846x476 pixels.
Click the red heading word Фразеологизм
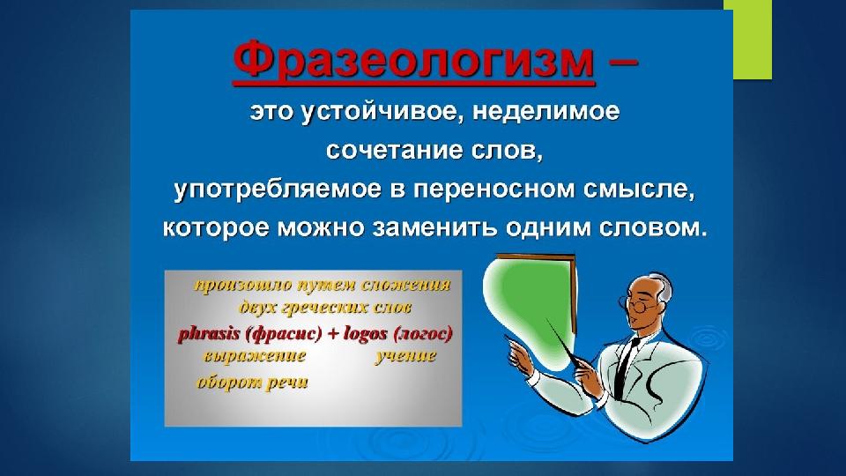414,61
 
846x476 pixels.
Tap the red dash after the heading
623,62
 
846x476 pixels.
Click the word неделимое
546,112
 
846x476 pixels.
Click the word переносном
499,190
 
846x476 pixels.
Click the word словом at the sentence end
653,228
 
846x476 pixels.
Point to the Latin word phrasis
209,334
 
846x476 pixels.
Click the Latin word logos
365,334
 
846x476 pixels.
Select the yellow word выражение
255,357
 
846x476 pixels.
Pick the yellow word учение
405,355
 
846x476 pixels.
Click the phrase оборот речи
253,382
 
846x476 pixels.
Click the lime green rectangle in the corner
752,40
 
